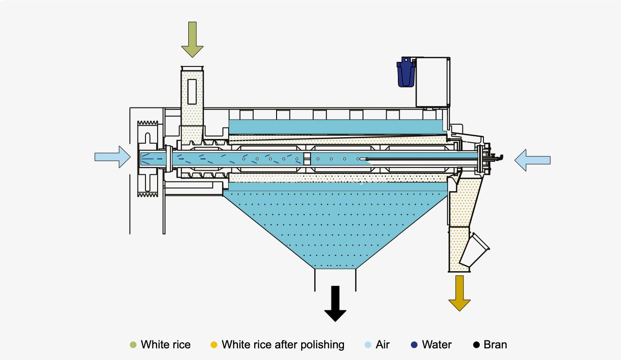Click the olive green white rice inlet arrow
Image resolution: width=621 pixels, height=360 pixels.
(192, 39)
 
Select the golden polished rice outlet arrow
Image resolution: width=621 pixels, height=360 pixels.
(459, 293)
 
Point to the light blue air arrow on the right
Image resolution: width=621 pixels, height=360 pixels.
(532, 160)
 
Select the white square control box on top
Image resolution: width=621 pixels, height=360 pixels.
(432, 82)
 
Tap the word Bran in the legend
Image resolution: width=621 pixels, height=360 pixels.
(495, 345)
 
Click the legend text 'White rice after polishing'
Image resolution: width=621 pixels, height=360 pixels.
(283, 345)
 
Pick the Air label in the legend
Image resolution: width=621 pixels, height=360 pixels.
(383, 345)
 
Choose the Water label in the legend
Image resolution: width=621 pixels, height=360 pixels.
(436, 345)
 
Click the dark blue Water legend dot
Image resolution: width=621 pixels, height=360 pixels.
(414, 345)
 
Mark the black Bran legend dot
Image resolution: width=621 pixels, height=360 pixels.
(476, 345)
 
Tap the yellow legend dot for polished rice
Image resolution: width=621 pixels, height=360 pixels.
(214, 345)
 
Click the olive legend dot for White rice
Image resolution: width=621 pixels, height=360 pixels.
(133, 345)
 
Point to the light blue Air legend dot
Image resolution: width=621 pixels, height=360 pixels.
(368, 345)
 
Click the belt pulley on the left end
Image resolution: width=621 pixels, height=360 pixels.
(148, 159)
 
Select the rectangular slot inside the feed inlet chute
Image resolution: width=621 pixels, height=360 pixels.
(192, 91)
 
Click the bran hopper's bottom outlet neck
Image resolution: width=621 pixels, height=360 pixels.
(336, 279)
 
